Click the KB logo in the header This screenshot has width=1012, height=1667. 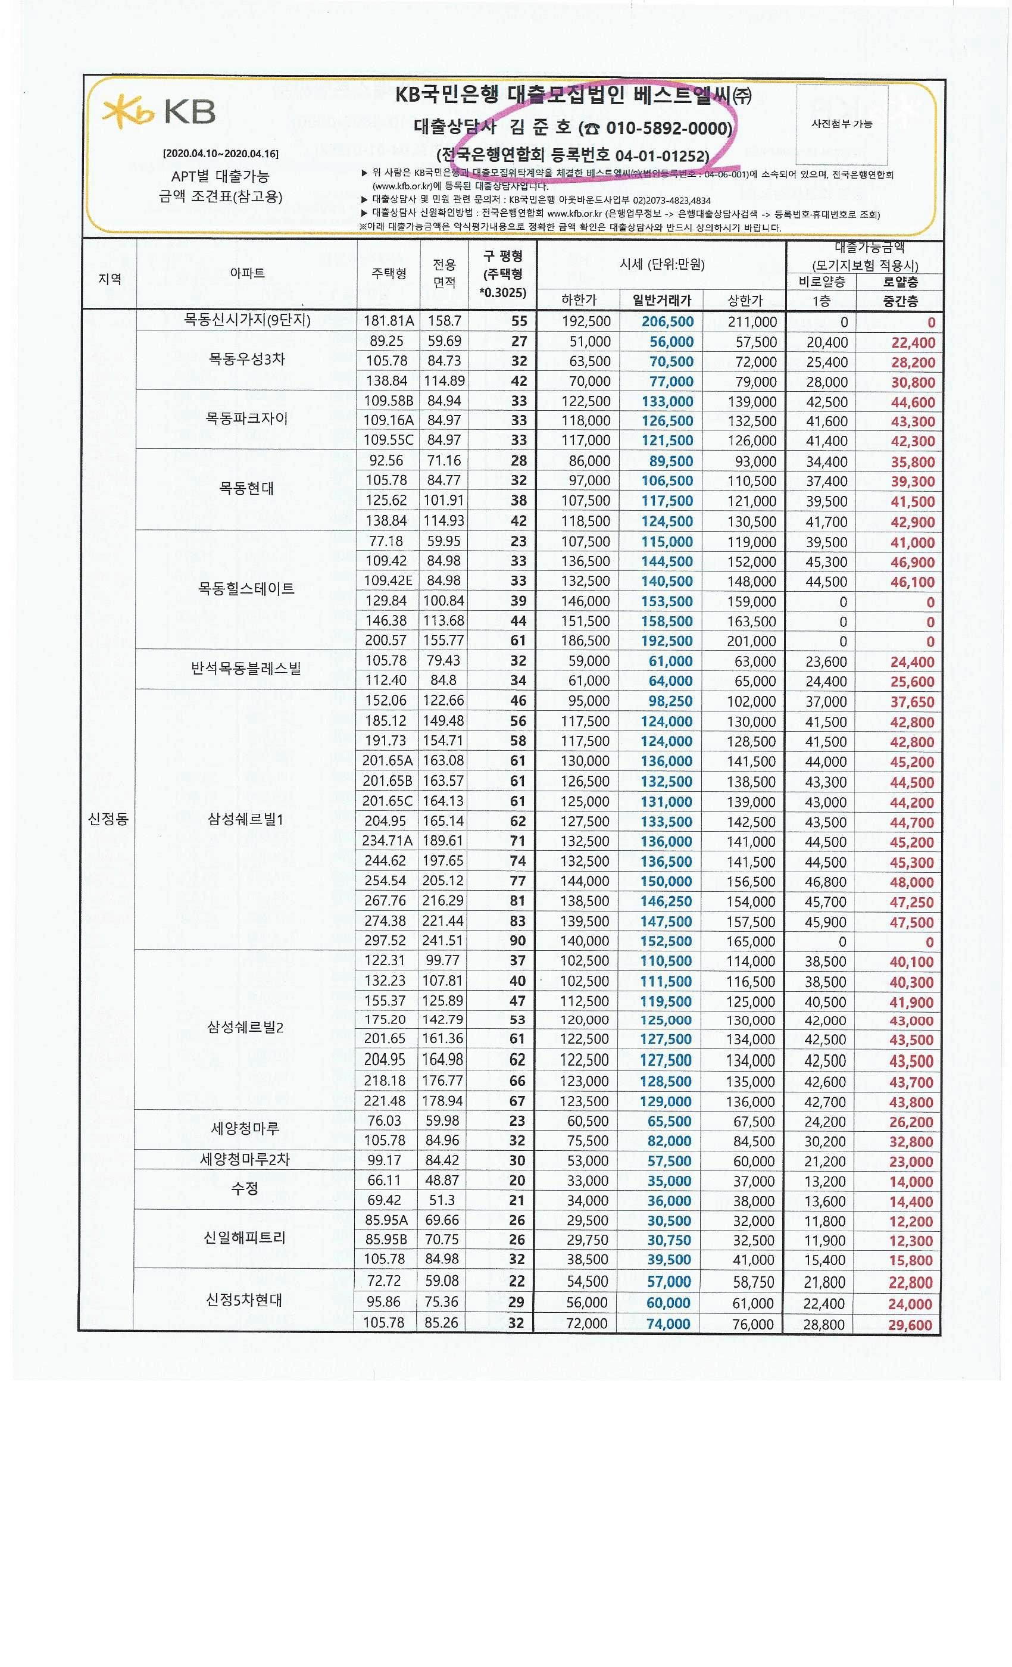[159, 112]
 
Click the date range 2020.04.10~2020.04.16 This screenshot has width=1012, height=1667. [220, 154]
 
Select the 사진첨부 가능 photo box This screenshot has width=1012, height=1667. [842, 124]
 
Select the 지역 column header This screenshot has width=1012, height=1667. [110, 278]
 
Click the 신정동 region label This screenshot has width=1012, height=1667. [108, 819]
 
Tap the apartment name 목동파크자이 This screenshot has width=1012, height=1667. [246, 419]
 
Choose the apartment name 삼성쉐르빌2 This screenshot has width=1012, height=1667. [245, 1027]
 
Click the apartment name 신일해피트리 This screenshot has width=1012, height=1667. [244, 1237]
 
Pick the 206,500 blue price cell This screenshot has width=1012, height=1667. [667, 322]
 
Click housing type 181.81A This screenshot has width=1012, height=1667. [389, 321]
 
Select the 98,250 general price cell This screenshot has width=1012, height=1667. [670, 701]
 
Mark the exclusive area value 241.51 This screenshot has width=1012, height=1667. [442, 941]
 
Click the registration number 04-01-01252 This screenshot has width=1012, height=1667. [661, 155]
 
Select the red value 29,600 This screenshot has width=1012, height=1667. [909, 1325]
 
